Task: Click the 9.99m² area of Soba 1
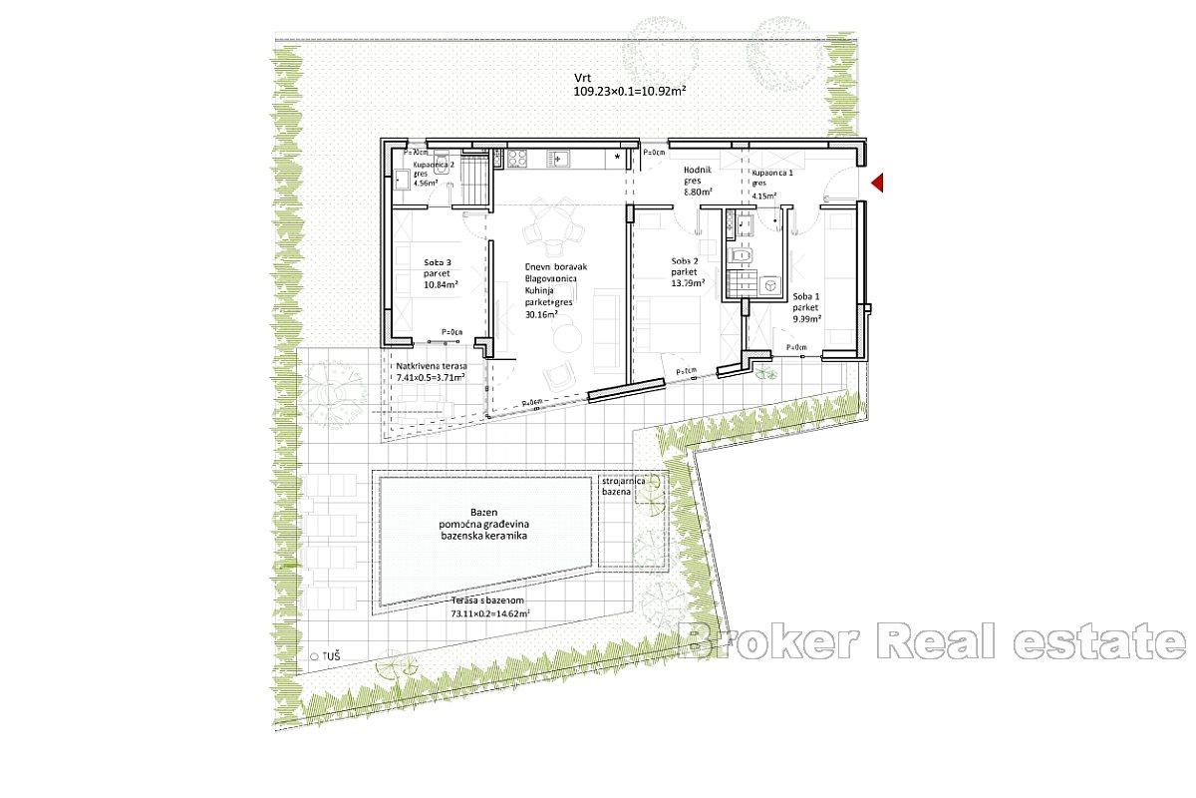pyautogui.click(x=806, y=320)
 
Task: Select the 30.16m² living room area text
pyautogui.click(x=542, y=313)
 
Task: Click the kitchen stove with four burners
pyautogui.click(x=518, y=157)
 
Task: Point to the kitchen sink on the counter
pyautogui.click(x=560, y=157)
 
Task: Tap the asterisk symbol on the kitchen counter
pyautogui.click(x=619, y=158)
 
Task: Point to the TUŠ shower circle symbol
pyautogui.click(x=314, y=656)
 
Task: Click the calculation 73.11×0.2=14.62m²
pyautogui.click(x=490, y=614)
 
